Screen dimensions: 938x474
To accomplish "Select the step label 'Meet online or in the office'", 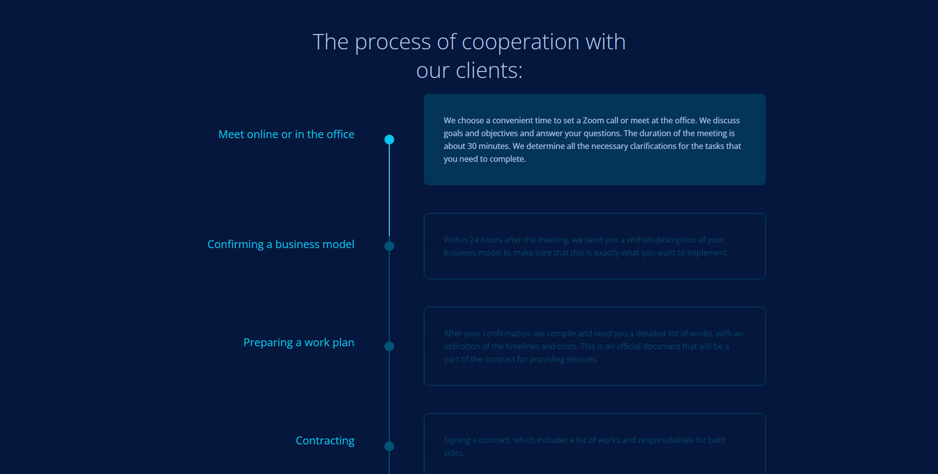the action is (x=286, y=134).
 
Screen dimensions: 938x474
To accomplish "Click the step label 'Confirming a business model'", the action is (x=281, y=245).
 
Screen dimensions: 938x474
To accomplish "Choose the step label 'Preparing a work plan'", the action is (x=298, y=343).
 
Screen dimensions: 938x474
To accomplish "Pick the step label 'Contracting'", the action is (x=325, y=441).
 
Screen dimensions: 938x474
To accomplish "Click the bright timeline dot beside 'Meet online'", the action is (x=389, y=139).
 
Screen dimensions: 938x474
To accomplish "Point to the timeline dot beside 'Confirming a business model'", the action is (x=389, y=246).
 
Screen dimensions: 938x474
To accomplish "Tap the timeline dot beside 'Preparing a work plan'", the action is (x=389, y=346).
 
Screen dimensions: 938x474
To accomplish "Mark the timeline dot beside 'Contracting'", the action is (x=389, y=446).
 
